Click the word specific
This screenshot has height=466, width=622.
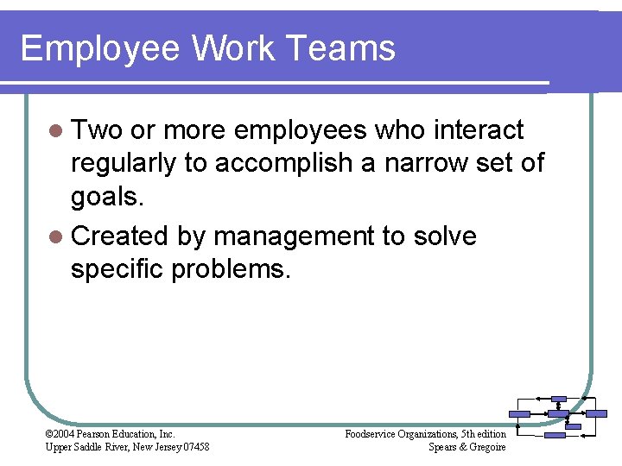click(117, 269)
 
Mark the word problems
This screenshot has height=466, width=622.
click(232, 270)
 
